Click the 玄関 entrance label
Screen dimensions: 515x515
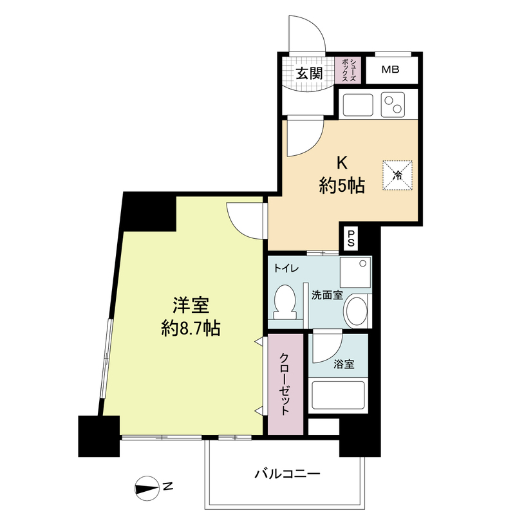pos(309,73)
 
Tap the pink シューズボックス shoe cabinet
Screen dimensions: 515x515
pos(348,70)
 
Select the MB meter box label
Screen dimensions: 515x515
pos(391,70)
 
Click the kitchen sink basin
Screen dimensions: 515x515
pos(358,105)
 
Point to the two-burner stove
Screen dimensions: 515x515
pos(393,104)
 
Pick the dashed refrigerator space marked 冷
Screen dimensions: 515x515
pos(397,175)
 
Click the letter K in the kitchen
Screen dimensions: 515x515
pos(342,163)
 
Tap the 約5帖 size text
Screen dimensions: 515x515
pos(342,185)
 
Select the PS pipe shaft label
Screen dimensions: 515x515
pos(351,238)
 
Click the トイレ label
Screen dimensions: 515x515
pos(286,268)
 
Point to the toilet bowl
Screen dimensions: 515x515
pos(285,302)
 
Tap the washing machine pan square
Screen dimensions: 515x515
pos(355,272)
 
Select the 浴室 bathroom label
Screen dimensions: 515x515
pos(344,364)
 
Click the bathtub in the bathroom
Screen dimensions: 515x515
pos(338,395)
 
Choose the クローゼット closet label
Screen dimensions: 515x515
pos(285,384)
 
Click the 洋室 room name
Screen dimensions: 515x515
pos(191,305)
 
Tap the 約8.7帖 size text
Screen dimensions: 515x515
pos(191,328)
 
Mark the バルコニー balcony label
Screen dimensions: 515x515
pos(288,474)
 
